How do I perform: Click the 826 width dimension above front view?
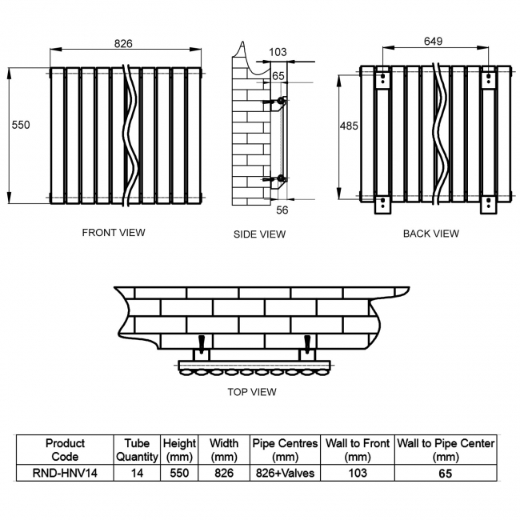[123, 43]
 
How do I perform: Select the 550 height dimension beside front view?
[20, 125]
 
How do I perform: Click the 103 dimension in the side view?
[278, 52]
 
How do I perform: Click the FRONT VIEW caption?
[114, 233]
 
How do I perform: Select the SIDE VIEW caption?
[259, 234]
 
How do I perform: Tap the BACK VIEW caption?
[430, 234]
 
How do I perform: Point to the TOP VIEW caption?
[251, 392]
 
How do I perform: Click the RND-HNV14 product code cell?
[65, 473]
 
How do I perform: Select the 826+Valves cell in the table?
[285, 473]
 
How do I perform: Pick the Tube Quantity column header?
[136, 450]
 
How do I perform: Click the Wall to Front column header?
[357, 450]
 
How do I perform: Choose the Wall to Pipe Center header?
[446, 450]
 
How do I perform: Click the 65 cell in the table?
[446, 473]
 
